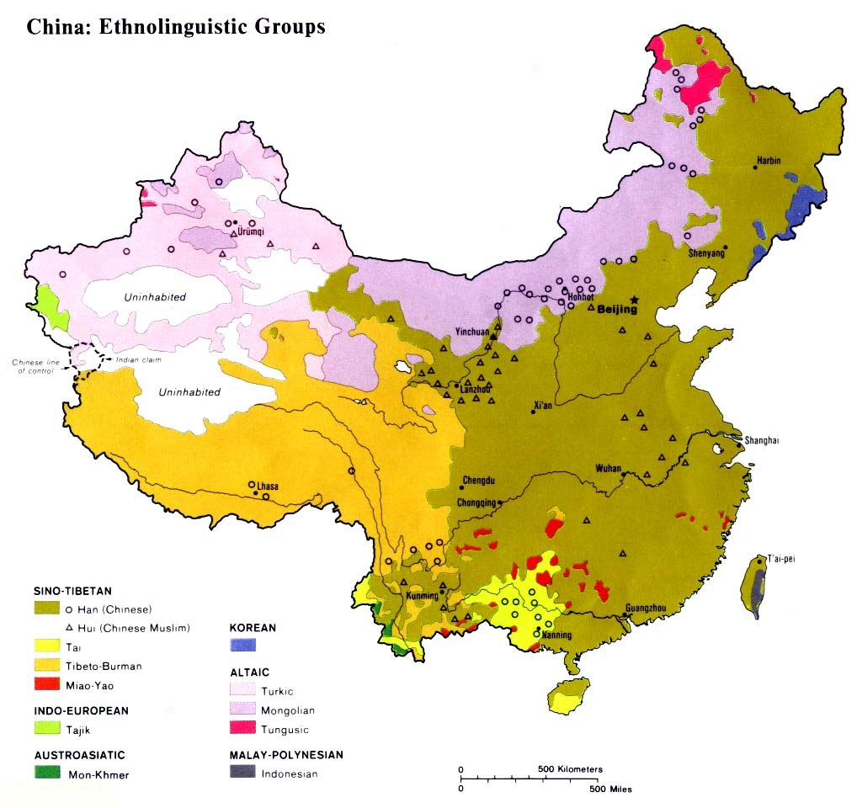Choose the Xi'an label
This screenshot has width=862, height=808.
(x=542, y=406)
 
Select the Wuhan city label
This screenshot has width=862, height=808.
(x=608, y=468)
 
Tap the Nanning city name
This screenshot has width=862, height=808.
(x=556, y=635)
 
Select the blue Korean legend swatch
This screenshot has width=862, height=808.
(x=243, y=645)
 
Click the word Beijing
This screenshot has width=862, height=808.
(x=617, y=310)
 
